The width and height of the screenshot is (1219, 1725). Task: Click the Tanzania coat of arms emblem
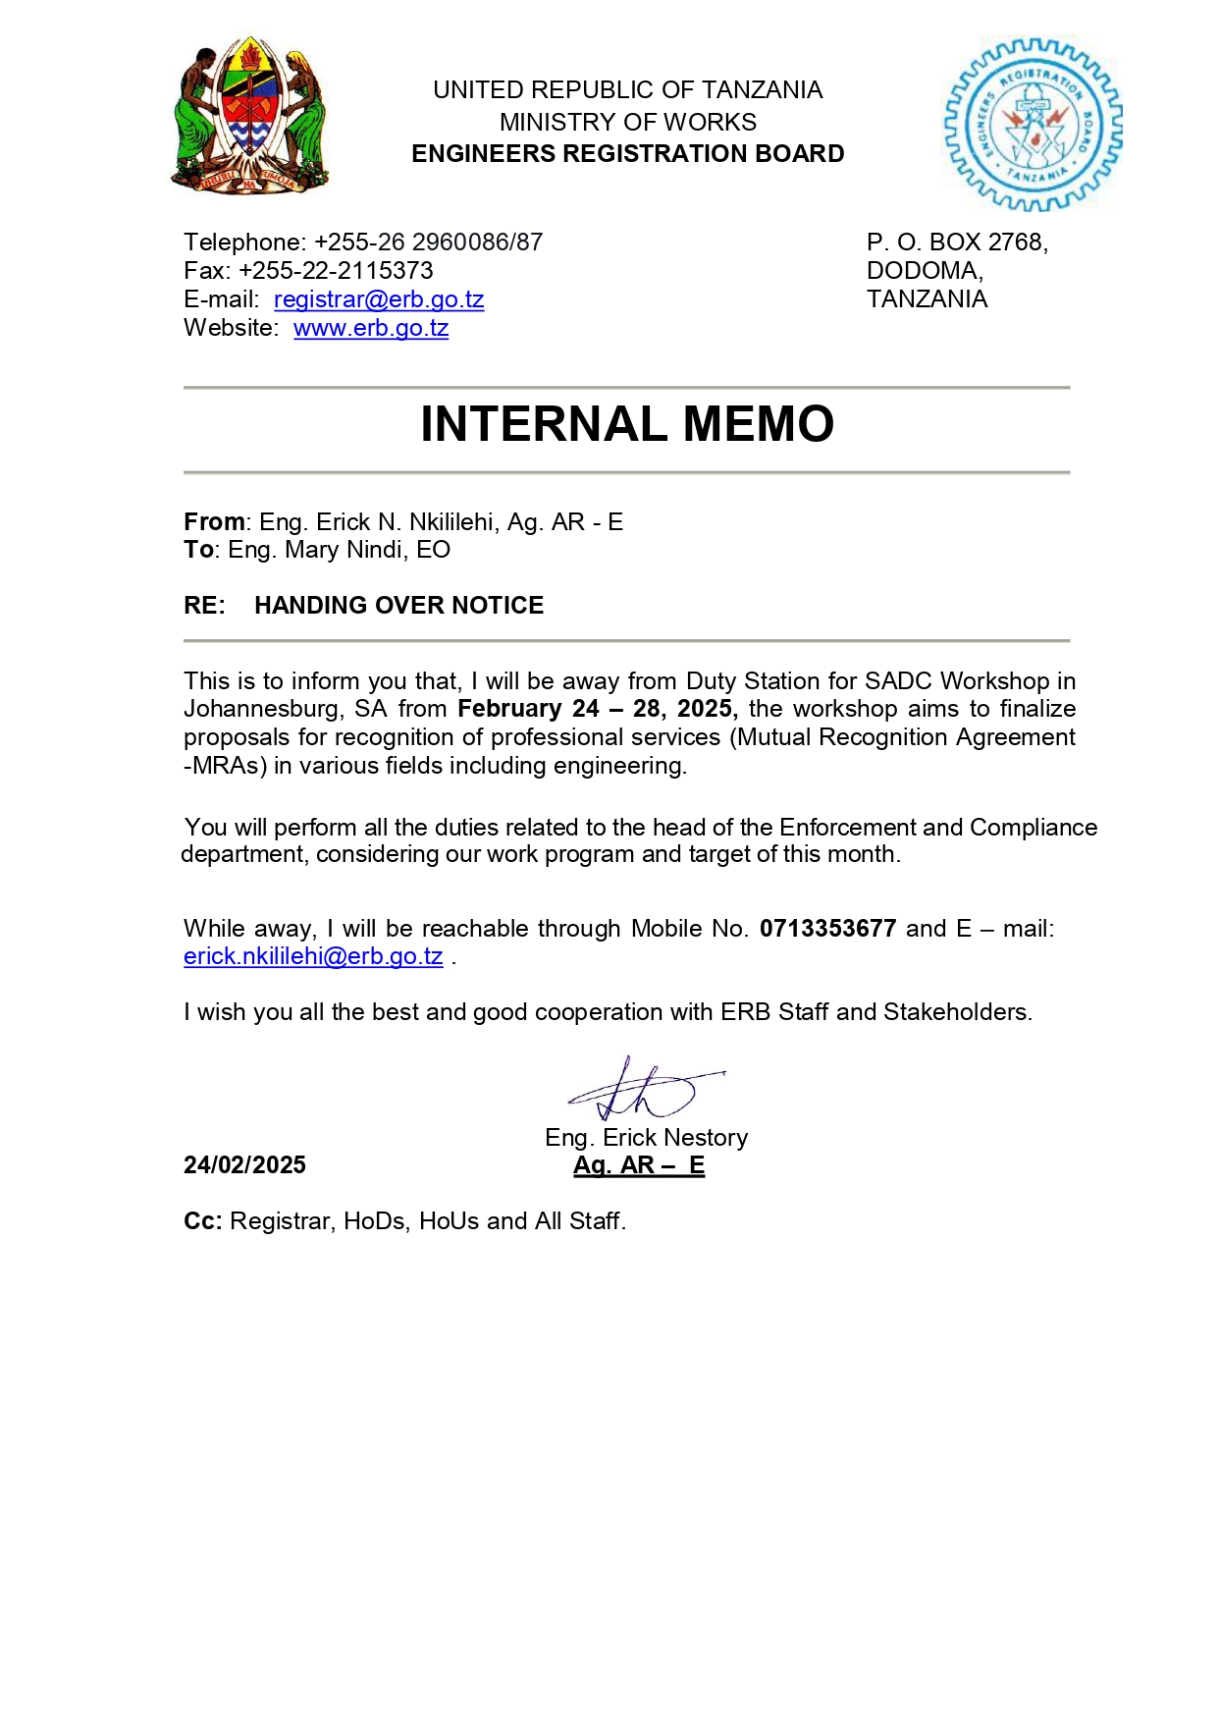coord(250,116)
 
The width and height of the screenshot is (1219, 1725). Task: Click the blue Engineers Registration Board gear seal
coord(1032,125)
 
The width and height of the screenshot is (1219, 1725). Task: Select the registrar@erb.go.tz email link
coord(379,299)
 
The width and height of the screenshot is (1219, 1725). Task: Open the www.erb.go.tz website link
coord(371,328)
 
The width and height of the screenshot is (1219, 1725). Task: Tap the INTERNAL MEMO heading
coord(627,424)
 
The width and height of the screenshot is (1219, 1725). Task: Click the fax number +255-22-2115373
coord(336,271)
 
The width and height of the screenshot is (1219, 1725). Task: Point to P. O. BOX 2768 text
coord(957,243)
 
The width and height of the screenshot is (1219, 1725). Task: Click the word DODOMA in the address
coord(924,271)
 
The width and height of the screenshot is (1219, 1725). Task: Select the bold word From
coord(214,522)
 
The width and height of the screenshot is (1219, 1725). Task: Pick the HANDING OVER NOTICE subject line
coord(398,606)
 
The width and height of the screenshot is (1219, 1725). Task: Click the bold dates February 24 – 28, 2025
coord(597,709)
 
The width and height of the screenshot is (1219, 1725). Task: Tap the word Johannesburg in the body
coord(263,709)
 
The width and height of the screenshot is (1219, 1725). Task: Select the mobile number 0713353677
coord(827,929)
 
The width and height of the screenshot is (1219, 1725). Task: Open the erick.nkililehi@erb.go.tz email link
coord(313,956)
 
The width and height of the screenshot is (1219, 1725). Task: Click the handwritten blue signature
coord(642,1091)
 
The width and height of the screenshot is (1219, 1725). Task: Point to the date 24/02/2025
coord(244,1165)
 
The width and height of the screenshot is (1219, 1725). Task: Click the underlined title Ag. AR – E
coord(639,1165)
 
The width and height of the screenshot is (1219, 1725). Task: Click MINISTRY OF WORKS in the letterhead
coord(627,123)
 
